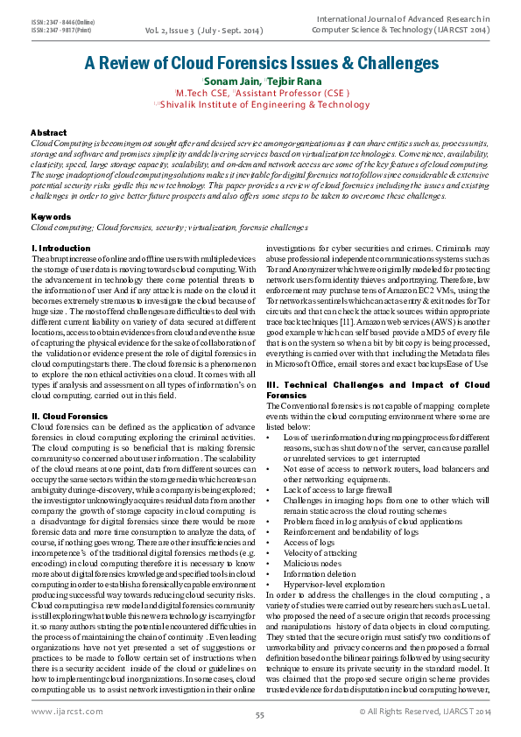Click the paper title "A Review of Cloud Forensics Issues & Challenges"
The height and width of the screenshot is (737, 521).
(x=261, y=63)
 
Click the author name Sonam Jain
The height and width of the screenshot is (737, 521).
(x=231, y=81)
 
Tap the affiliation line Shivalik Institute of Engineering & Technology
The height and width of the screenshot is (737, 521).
(x=261, y=104)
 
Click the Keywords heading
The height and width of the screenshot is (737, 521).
(x=51, y=215)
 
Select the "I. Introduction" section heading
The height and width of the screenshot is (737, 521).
(x=60, y=249)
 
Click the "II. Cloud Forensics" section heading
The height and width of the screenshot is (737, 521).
(x=68, y=415)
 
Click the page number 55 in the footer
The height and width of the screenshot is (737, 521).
(x=260, y=715)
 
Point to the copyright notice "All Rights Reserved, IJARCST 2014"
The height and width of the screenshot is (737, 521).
(x=427, y=711)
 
